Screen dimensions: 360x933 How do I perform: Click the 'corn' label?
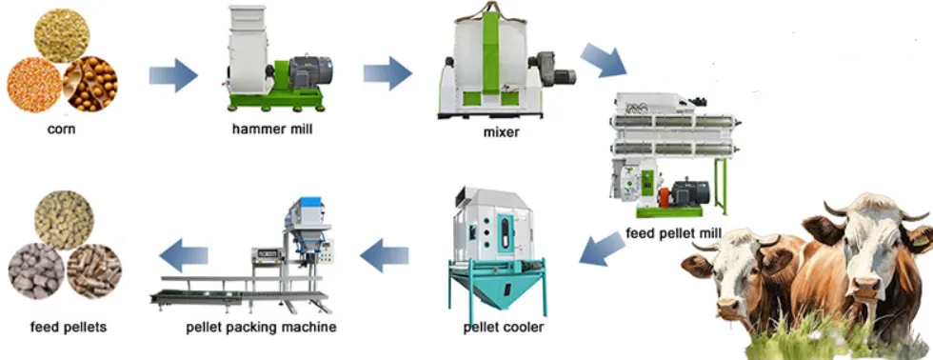[62, 130]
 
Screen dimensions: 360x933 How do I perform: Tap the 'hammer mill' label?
[271, 130]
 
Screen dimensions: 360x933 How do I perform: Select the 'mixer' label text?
[501, 132]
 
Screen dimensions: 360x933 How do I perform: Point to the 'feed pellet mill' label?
[674, 233]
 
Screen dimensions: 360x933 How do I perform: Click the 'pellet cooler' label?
[504, 328]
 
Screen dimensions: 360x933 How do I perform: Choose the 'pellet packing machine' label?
[261, 328]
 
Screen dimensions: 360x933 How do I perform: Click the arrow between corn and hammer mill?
[172, 72]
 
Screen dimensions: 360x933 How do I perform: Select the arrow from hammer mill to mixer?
[387, 72]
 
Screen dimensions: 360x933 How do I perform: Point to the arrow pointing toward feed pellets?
[183, 253]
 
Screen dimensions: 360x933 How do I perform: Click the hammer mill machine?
[279, 61]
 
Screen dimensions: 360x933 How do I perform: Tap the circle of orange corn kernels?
[33, 84]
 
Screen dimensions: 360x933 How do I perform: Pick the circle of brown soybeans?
[91, 84]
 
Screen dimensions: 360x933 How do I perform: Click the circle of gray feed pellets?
[34, 270]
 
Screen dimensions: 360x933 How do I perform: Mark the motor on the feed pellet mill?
[687, 190]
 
